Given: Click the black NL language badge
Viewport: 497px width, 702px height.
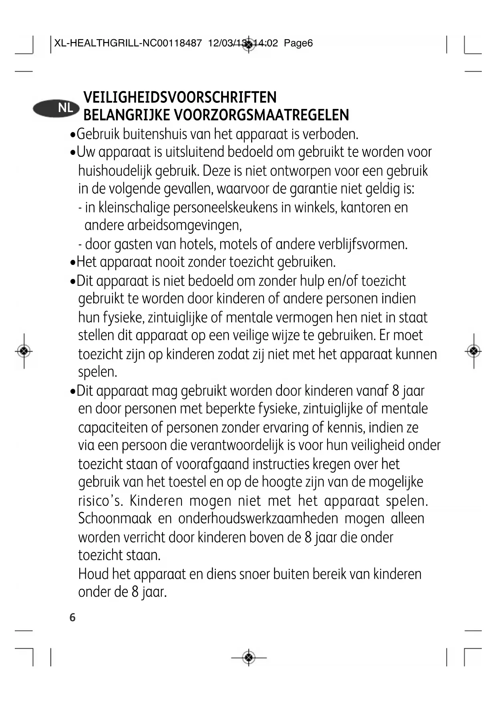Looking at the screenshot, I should click(x=56, y=108).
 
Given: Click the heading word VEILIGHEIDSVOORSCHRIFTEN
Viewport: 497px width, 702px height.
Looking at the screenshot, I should click(x=180, y=97).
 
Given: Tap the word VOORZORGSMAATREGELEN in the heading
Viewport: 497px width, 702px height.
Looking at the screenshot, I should click(x=261, y=115).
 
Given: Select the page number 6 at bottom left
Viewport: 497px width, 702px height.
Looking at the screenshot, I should click(x=72, y=617).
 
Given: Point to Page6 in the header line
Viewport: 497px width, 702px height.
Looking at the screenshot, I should click(x=298, y=43).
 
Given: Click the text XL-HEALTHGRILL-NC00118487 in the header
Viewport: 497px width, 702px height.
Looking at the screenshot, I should click(x=128, y=43).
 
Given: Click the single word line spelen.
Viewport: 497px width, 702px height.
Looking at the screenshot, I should click(x=98, y=372).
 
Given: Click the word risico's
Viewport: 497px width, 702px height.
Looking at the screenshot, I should click(x=100, y=500).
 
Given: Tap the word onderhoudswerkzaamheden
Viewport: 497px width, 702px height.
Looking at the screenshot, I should click(x=258, y=518).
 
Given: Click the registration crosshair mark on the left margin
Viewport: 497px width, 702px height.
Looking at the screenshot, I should click(x=24, y=351).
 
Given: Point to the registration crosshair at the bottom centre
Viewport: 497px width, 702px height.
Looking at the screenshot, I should click(x=249, y=657).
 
